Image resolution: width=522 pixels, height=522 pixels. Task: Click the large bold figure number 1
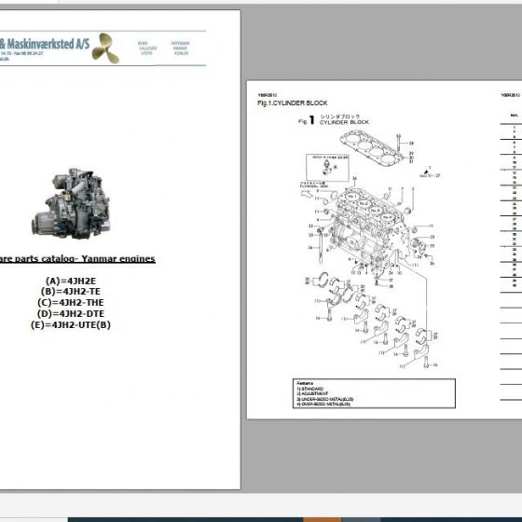tap(312, 120)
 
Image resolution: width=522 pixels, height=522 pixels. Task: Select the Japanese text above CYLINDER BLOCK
tap(338, 116)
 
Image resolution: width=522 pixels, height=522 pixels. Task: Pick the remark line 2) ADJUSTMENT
tap(312, 394)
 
